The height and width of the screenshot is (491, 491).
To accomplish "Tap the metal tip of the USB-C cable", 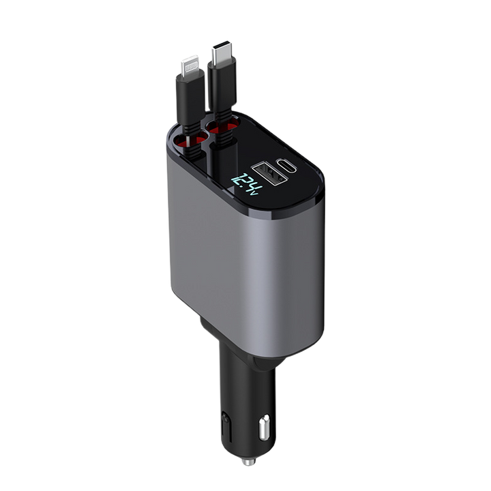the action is pos(221,52).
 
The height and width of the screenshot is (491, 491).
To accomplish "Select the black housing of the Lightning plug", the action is pos(190,96).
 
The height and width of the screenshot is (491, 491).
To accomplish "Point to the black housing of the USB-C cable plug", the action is pos(221,85).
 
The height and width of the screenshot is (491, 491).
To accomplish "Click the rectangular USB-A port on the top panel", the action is pos(269,173).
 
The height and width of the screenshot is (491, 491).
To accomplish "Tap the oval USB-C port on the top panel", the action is pos(286,166).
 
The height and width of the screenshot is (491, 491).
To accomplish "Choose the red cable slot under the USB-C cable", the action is pos(222,125).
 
